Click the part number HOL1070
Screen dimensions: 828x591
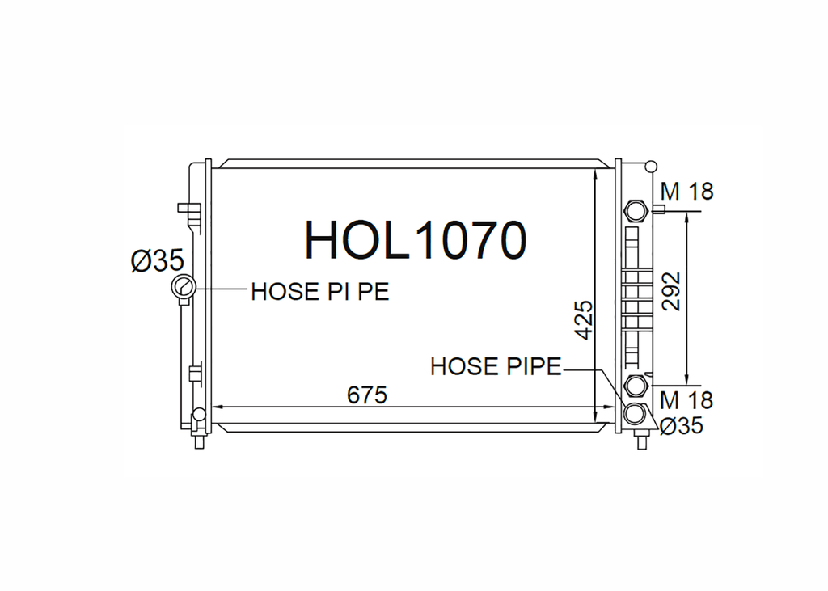[x=416, y=240]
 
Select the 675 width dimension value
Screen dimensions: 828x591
[x=367, y=395]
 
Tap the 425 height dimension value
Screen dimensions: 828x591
[x=584, y=320]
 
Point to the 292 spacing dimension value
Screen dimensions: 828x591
[x=670, y=291]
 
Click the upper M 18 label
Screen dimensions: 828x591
[x=686, y=191]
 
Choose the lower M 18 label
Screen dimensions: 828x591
[x=686, y=400]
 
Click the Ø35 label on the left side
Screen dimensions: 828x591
[x=158, y=260]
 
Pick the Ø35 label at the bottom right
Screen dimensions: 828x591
[x=682, y=425]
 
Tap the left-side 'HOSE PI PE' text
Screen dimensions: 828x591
[x=320, y=292]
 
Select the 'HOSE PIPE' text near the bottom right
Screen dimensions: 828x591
[x=496, y=366]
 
